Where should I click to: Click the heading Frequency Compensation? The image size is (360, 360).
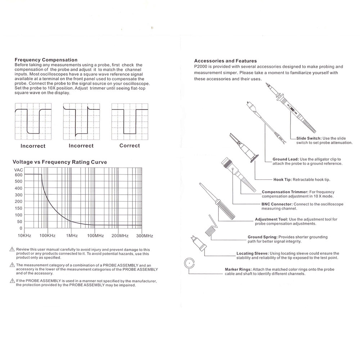coord(46,60)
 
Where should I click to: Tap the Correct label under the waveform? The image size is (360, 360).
coord(130,146)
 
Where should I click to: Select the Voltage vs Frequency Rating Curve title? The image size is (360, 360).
coord(60,162)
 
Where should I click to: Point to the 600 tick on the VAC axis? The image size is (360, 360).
coord(18,175)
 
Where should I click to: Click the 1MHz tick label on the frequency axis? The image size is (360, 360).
coord(72,236)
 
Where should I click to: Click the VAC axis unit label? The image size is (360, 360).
coord(18,170)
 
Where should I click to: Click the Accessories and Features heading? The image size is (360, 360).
coord(225,61)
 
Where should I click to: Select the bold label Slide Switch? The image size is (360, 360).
coord(309,138)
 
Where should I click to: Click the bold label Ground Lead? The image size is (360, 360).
coord(285,159)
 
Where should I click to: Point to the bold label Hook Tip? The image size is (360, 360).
coord(282,180)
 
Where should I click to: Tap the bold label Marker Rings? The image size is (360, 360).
coord(238,269)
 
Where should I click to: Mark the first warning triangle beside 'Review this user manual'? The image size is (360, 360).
coord(12,249)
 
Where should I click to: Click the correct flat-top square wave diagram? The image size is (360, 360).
coord(130,121)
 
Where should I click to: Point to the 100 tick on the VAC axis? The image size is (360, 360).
coord(18,215)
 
